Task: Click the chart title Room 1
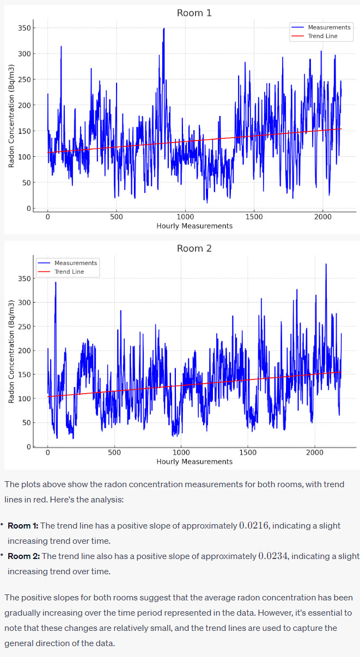point(194,13)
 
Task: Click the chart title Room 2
point(194,248)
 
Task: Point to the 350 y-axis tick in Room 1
point(25,28)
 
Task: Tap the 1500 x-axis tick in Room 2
point(248,452)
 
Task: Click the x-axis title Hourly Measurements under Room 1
point(194,226)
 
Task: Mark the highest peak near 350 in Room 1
point(163,29)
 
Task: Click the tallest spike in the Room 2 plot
point(326,265)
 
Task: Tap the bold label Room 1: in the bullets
point(23,526)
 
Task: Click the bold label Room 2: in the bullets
point(23,556)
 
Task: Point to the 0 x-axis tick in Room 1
point(48,217)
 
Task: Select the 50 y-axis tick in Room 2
point(27,422)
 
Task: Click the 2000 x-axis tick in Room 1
point(322,217)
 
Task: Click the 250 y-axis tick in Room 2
point(25,327)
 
